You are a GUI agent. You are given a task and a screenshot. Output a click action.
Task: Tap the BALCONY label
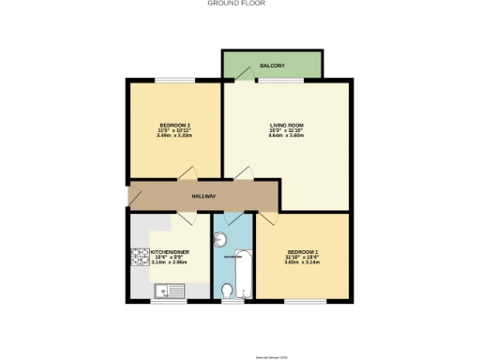[273, 66]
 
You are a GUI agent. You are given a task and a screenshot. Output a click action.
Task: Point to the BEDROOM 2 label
[175, 126]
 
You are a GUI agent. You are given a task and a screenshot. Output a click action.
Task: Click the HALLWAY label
[203, 196]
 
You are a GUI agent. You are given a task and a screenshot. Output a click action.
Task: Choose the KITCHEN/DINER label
[170, 252]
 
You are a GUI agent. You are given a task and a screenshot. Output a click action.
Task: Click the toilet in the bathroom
[229, 292]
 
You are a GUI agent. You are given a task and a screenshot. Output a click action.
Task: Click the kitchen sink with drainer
[172, 292]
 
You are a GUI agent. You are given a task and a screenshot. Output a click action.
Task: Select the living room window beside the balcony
[274, 81]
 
